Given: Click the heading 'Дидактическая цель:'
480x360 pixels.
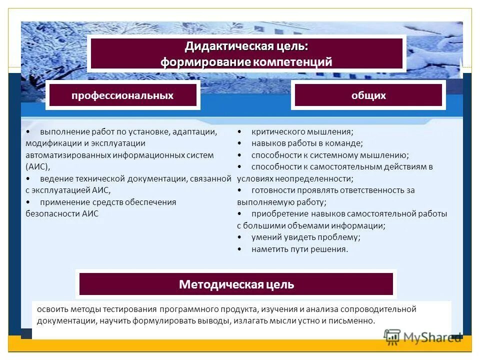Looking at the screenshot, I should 246,46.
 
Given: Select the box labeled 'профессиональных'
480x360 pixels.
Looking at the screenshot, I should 122,95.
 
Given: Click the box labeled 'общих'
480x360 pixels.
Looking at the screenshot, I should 368,95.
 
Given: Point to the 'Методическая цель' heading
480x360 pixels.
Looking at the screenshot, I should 236,284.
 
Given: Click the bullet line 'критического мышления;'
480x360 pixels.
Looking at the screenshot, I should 302,131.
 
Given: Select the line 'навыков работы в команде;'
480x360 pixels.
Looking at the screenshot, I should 307,143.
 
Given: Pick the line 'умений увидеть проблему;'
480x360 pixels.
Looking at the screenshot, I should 305,237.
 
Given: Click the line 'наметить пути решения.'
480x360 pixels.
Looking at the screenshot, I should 299,249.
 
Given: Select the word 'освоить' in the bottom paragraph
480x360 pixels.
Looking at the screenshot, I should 50,309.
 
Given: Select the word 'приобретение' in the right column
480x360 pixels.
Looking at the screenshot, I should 275,213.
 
